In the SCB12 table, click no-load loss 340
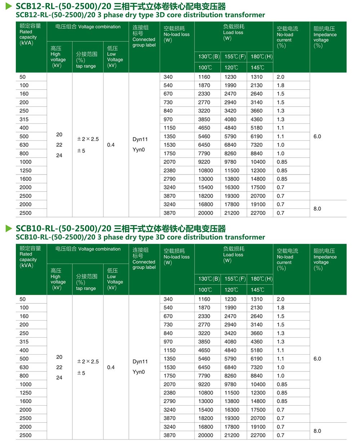click(168, 77)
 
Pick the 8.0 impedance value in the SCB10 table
click(317, 431)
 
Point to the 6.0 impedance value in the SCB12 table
click(317, 136)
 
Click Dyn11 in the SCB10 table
click(140, 361)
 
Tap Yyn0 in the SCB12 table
click(139, 150)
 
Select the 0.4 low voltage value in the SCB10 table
click(111, 367)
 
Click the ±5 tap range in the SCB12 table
click(81, 151)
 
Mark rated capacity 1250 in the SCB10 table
click(26, 393)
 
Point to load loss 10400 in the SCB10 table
click(258, 384)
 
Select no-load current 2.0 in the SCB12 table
click(280, 77)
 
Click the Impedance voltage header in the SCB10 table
click(325, 259)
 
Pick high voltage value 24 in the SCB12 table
click(59, 155)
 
